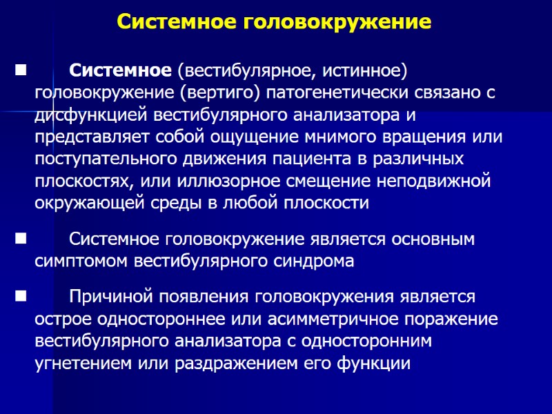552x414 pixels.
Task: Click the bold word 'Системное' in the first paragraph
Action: (120, 70)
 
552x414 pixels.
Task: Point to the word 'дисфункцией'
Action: (92, 114)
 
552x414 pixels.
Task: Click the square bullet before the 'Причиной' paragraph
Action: (20, 297)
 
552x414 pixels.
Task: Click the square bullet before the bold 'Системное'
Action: (20, 70)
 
